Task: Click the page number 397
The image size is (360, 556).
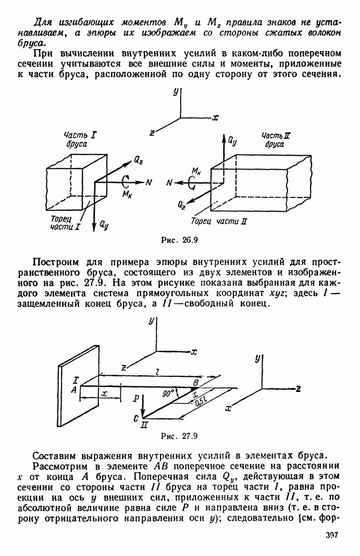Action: (x=331, y=536)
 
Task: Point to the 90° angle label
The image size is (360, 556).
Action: (x=169, y=393)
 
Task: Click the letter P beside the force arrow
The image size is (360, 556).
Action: (x=136, y=398)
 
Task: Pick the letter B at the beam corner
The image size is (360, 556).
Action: (x=195, y=383)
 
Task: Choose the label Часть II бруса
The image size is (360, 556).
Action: (x=274, y=140)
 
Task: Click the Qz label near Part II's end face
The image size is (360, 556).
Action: (x=183, y=206)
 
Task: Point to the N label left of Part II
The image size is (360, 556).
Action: (x=169, y=182)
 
